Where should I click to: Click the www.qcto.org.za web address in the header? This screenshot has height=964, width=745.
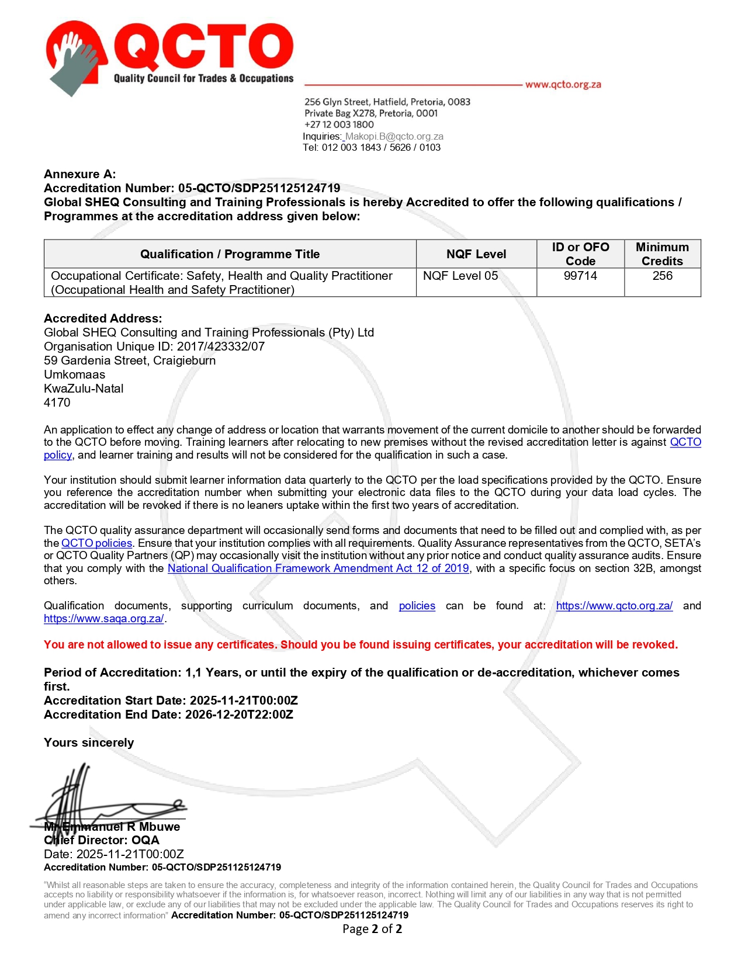click(563, 84)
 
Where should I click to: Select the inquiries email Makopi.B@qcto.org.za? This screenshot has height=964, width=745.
click(394, 136)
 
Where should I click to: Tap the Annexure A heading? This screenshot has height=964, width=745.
click(80, 174)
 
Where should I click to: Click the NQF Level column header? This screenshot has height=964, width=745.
click(476, 254)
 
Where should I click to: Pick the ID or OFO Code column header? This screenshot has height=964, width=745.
click(580, 254)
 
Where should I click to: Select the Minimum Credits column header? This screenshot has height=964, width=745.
click(662, 254)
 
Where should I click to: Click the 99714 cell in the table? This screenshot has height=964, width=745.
click(580, 276)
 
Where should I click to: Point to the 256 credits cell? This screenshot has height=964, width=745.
click(662, 276)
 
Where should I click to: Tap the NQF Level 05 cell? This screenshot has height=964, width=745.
click(460, 276)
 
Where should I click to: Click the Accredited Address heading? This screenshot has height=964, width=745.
click(103, 318)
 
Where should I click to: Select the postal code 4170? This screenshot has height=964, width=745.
click(57, 403)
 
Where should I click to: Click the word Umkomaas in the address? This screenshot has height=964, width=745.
click(75, 374)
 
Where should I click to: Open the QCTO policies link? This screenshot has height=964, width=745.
click(97, 543)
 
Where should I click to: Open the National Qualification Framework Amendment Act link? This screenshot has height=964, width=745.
click(318, 568)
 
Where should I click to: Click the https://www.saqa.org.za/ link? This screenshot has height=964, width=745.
click(104, 619)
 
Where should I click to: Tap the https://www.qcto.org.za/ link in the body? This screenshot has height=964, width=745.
click(614, 606)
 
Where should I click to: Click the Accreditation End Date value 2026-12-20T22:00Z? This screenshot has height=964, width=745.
click(239, 715)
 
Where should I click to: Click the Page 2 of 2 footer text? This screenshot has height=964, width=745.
click(372, 929)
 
